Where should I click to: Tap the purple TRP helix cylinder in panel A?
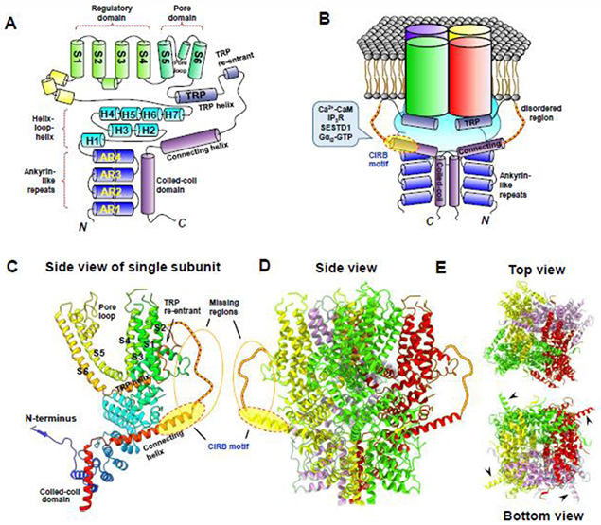click(197, 96)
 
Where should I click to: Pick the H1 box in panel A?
click(91, 140)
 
